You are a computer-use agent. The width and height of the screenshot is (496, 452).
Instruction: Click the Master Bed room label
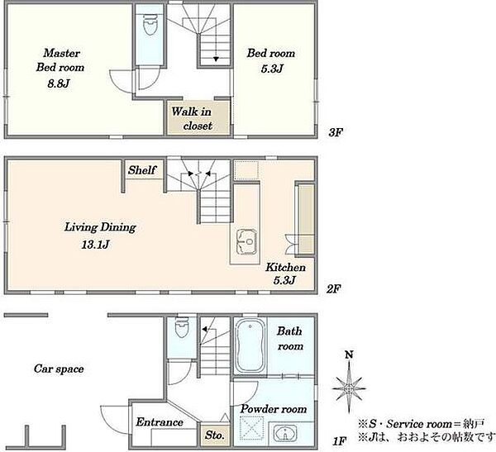pos(60,60)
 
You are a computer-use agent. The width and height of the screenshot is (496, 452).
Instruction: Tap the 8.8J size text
pos(59,83)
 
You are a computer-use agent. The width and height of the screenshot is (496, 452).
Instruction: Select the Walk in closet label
pos(192,119)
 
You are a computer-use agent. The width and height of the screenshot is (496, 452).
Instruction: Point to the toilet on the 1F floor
pos(182,327)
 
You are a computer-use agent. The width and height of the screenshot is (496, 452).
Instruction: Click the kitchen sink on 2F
pos(246,241)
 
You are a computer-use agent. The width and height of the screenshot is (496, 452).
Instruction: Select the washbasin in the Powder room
pos(285,433)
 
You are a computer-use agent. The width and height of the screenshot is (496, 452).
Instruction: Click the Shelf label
pos(142,170)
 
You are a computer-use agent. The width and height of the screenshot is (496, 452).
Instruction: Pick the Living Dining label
pos(100,227)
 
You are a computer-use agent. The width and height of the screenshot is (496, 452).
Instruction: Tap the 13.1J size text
pos(95,245)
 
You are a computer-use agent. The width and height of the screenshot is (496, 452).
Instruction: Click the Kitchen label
pos(285,267)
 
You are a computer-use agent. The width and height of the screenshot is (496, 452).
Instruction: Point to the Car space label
pos(59,369)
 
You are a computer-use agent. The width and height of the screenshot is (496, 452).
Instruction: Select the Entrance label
pos(160,422)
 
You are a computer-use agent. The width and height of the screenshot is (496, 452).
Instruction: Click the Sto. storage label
pos(214,435)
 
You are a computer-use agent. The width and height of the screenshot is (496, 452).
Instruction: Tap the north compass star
pos(349,388)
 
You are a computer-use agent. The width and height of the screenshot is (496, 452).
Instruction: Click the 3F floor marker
pos(336,132)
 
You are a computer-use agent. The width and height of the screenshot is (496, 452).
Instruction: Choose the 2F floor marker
pos(334,288)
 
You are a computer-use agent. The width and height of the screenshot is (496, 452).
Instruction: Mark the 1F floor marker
pos(340,441)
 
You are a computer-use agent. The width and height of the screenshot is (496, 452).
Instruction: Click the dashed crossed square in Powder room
pos(252,428)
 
